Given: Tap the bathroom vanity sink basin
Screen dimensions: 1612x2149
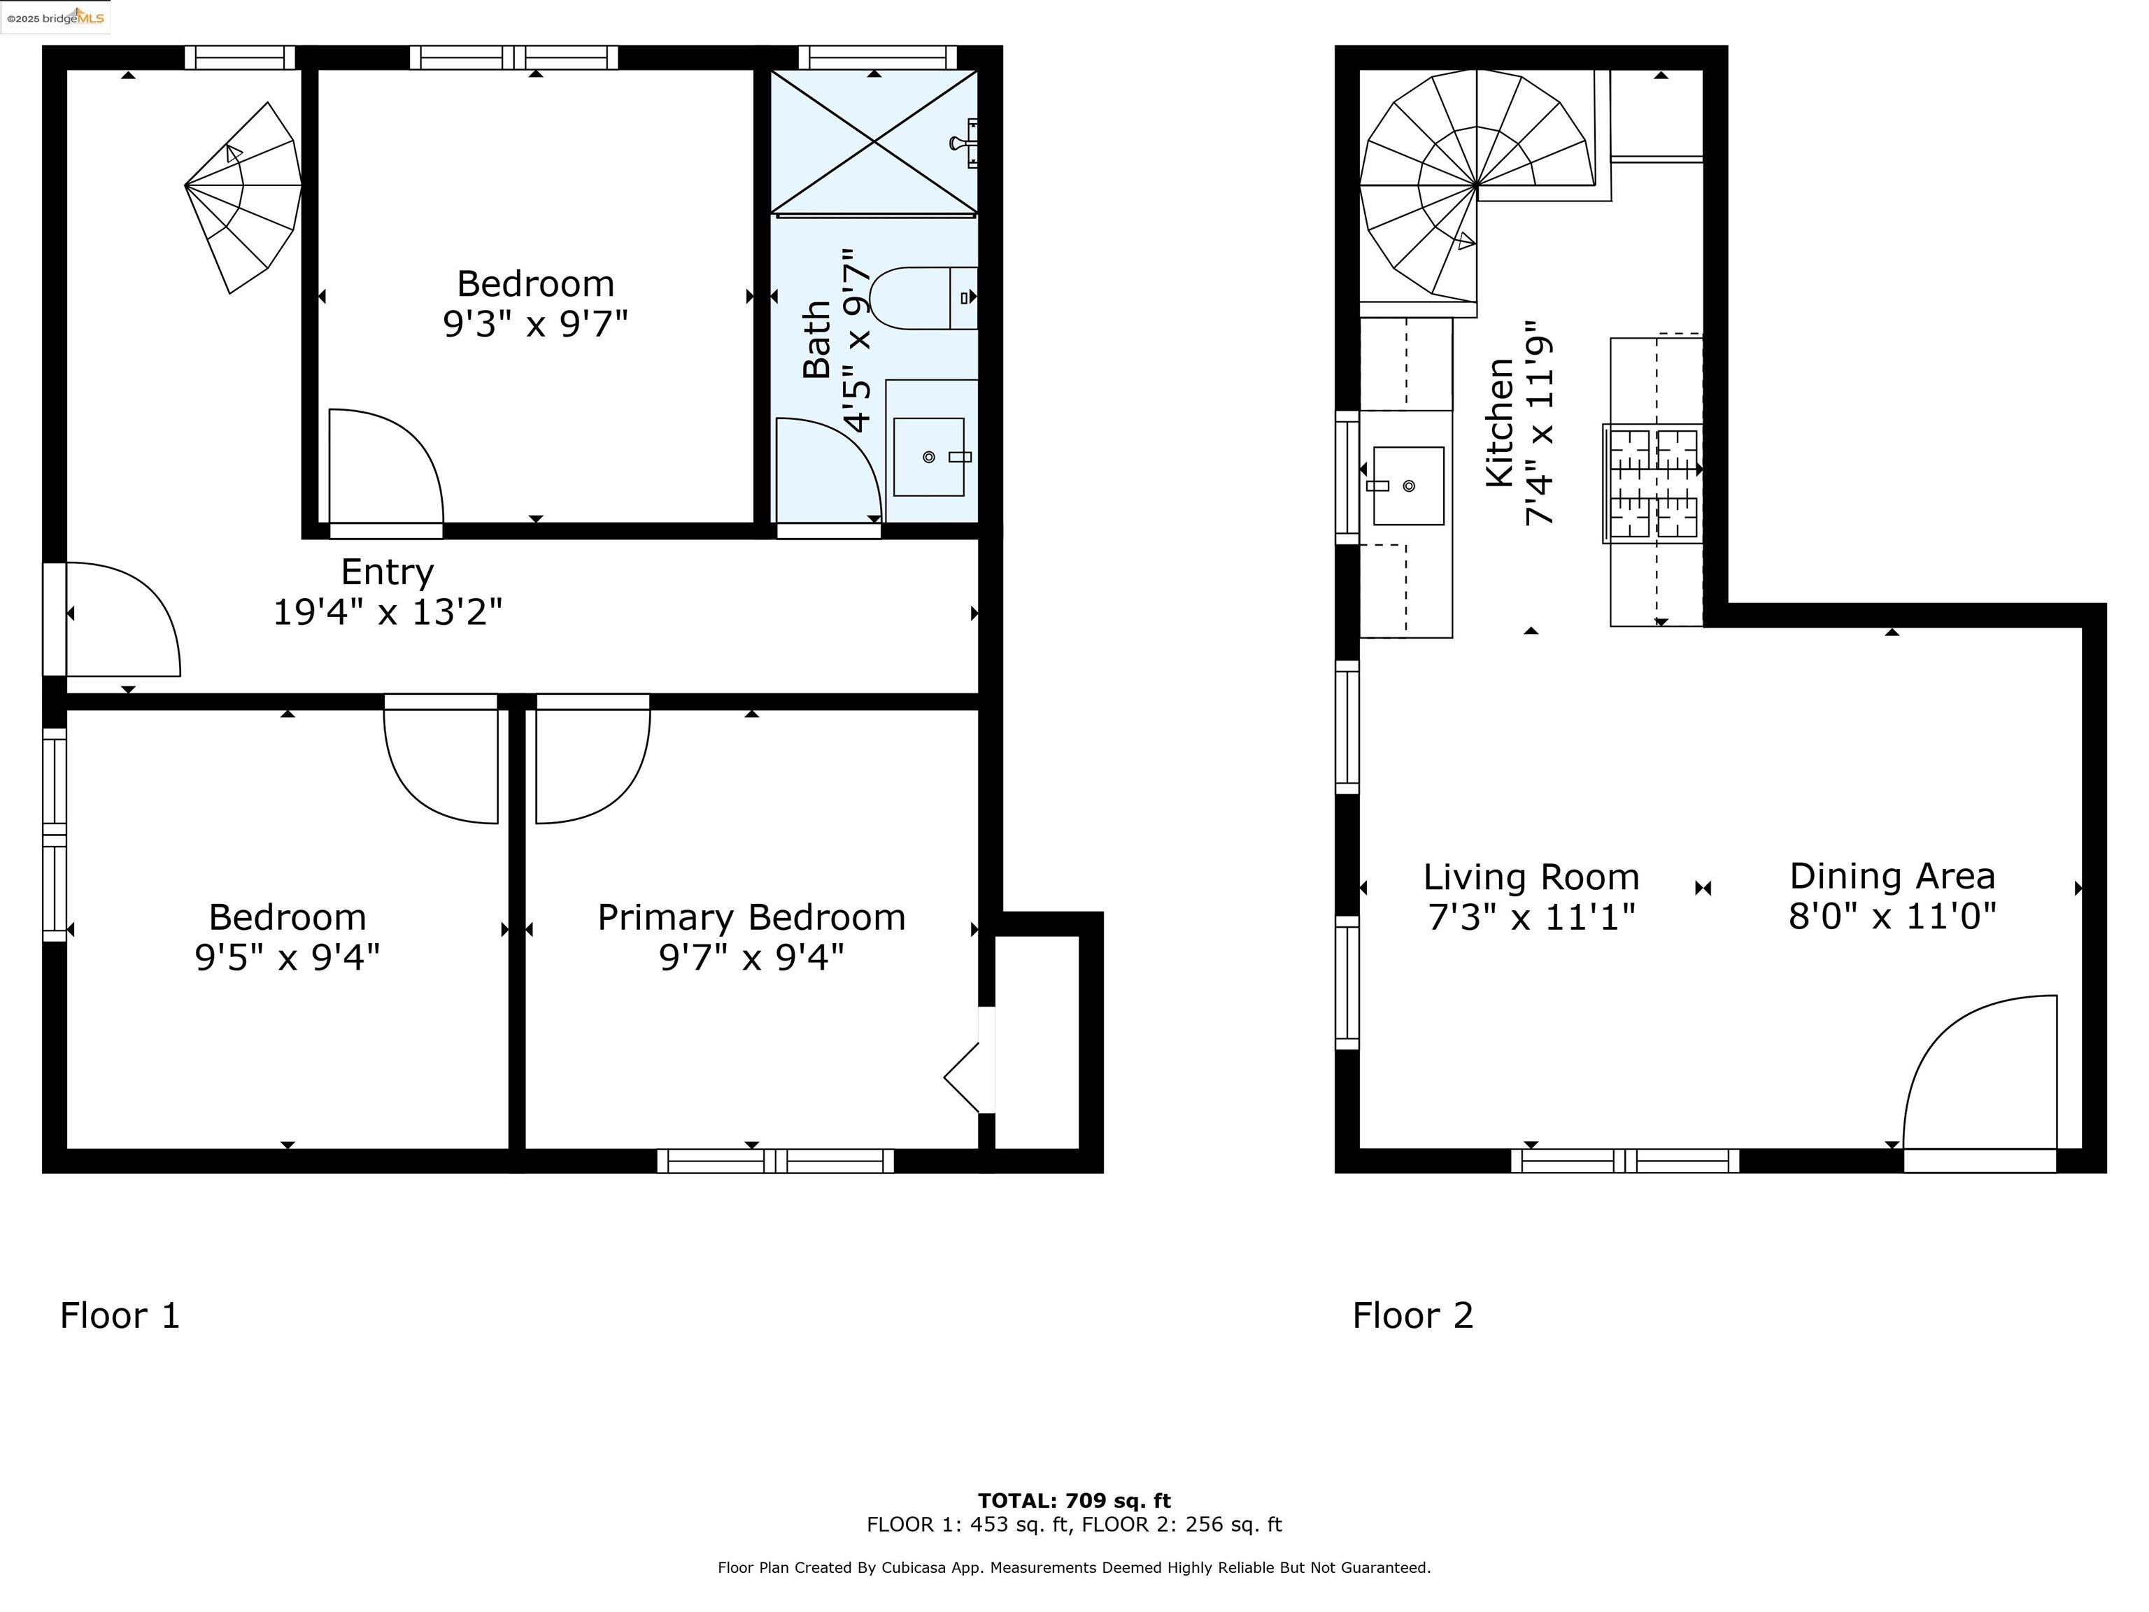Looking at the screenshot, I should coord(929,457).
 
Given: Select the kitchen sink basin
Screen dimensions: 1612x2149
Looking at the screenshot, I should coord(1407,486).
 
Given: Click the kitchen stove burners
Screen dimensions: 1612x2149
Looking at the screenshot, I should coord(1652,483).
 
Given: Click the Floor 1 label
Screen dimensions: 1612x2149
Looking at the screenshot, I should coord(120,1315).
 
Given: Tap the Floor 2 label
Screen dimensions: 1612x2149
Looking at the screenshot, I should coord(1412,1315).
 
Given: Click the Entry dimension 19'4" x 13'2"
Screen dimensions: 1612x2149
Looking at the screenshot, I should coord(387,612).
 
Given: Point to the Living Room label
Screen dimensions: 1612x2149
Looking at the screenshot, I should coord(1531,877).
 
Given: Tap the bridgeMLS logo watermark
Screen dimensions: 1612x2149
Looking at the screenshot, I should coord(55,17).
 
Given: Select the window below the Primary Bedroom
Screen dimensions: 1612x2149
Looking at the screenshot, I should coord(775,1161).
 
